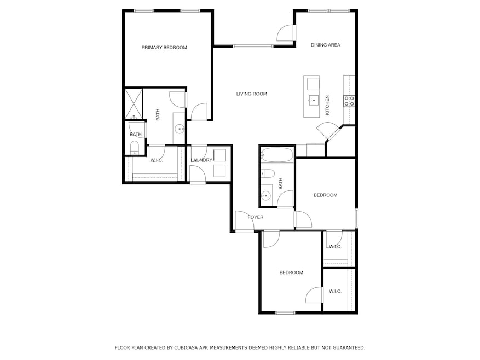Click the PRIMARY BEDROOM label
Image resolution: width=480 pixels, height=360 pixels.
(164, 48)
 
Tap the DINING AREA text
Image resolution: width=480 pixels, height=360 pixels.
(326, 45)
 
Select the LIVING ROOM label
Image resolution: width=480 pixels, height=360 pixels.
(251, 94)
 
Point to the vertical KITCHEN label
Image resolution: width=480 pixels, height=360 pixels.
(328, 104)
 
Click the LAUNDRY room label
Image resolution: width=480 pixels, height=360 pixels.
(201, 160)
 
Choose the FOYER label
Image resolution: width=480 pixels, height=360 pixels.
(255, 217)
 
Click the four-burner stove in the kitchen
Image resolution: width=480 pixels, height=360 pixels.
(349, 101)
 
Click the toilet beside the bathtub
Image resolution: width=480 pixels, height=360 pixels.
(268, 175)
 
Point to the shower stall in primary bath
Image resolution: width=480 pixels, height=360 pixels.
(133, 104)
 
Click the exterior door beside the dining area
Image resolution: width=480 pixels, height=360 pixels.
(286, 33)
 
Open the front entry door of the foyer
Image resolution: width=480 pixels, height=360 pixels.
(244, 221)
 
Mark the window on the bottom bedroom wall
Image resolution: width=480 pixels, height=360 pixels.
(285, 313)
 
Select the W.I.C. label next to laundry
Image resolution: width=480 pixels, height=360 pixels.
(157, 160)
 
